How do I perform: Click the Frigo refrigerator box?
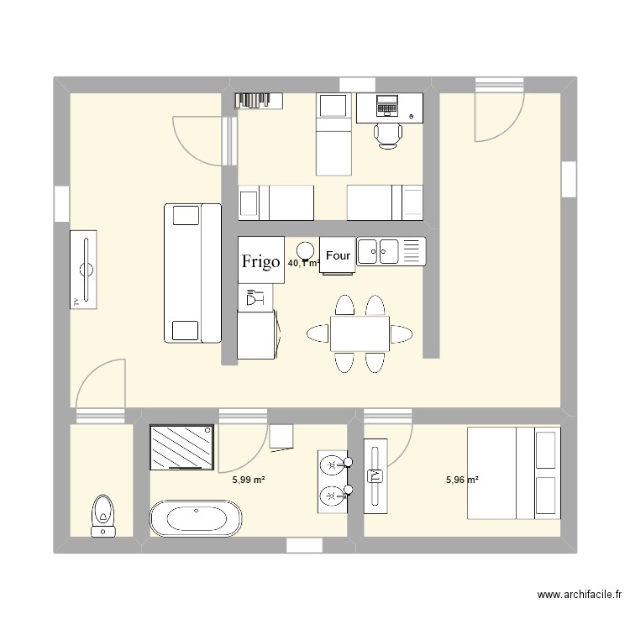260,260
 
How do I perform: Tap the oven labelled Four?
338,255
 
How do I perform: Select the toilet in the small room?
103,513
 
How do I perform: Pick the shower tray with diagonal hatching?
181,446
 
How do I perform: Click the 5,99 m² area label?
249,480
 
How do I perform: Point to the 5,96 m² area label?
462,480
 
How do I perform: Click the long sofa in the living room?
192,273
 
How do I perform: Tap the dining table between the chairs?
360,333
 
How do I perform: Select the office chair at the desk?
388,134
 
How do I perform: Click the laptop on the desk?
387,105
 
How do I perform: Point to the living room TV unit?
85,269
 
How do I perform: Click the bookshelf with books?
255,100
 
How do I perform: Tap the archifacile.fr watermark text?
580,595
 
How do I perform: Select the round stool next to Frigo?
306,249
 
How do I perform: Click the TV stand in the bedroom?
375,475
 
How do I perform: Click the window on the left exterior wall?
61,204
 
